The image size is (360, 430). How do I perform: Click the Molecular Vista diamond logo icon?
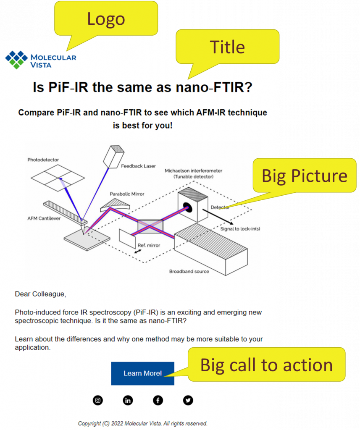click(16, 60)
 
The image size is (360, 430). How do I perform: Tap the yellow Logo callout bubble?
click(106, 18)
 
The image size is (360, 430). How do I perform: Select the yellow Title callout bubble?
click(228, 47)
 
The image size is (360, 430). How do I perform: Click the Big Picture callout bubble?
click(304, 175)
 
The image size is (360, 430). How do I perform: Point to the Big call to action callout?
click(266, 364)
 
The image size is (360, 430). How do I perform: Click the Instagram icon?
click(98, 400)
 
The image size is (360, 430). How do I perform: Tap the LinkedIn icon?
click(128, 400)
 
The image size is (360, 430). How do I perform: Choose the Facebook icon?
click(158, 400)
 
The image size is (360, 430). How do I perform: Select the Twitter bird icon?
click(188, 400)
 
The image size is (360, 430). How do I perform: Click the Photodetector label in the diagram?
click(43, 160)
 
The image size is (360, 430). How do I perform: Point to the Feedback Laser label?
click(138, 166)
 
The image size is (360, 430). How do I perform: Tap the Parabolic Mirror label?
click(127, 194)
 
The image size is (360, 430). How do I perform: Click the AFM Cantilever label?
click(44, 218)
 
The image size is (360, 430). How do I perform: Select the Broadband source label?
click(189, 272)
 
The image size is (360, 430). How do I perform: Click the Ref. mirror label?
click(149, 245)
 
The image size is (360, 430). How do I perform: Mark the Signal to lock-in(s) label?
click(240, 229)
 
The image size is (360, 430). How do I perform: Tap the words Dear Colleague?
click(40, 294)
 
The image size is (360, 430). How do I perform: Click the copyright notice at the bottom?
click(143, 423)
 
